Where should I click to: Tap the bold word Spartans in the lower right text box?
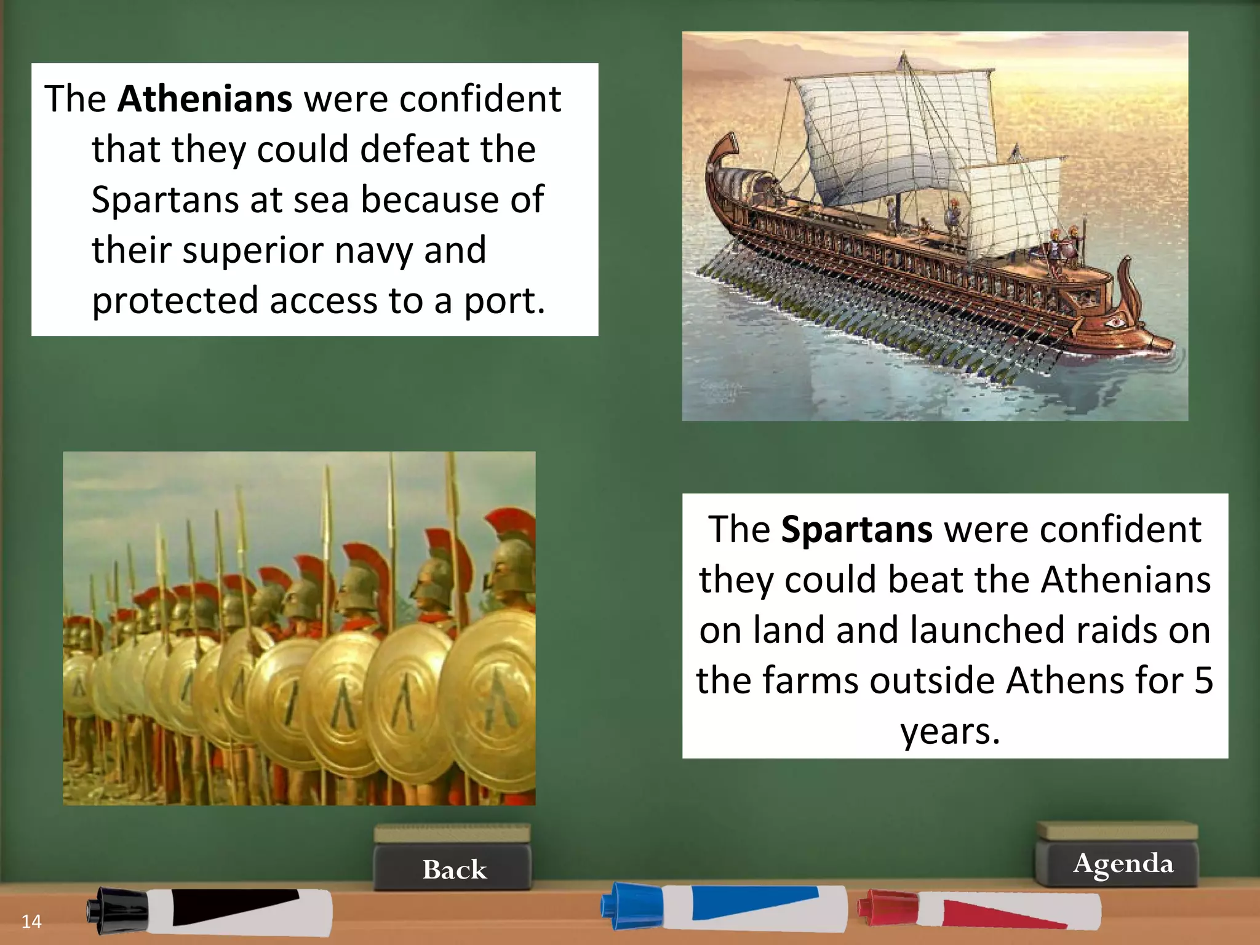coord(856,529)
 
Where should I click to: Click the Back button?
coord(454,869)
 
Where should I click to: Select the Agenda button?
coord(1123,863)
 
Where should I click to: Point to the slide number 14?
coord(31,921)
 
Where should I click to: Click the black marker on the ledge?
coord(209,912)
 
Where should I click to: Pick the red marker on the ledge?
coord(978,910)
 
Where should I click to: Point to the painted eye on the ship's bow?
coord(1114,321)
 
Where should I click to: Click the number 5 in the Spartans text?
coord(1203,680)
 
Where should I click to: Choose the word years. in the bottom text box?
coord(951,731)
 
